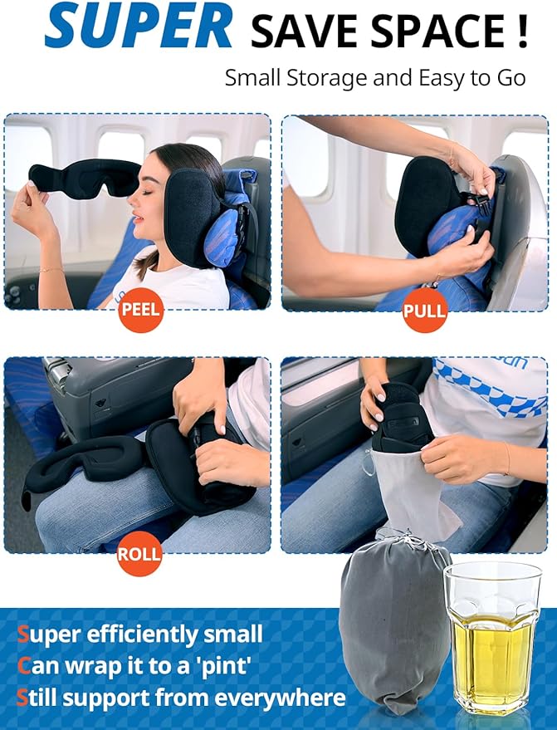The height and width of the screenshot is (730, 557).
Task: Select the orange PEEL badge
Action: tap(140, 311)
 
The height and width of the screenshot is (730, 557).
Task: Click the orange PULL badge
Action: tap(424, 311)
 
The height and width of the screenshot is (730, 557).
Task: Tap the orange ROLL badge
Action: tap(139, 556)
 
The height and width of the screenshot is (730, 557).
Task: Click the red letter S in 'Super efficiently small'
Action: tap(23, 636)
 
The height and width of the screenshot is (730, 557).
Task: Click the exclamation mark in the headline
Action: tap(520, 31)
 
